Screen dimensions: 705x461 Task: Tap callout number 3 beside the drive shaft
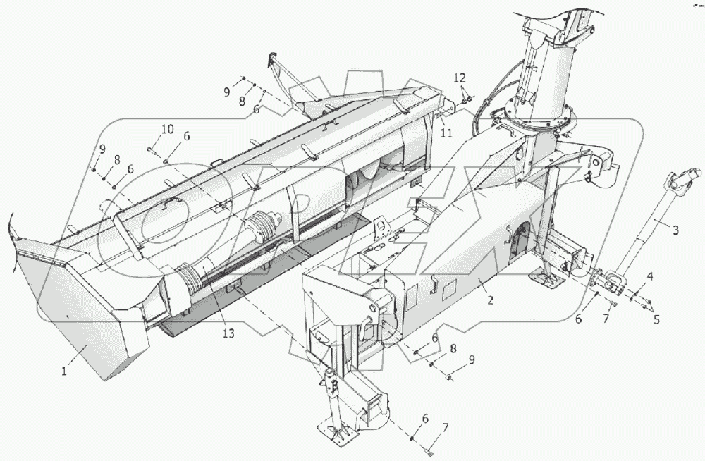click(x=675, y=229)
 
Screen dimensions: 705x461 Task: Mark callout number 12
click(x=459, y=76)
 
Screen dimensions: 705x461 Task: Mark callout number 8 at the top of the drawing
click(x=242, y=102)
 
